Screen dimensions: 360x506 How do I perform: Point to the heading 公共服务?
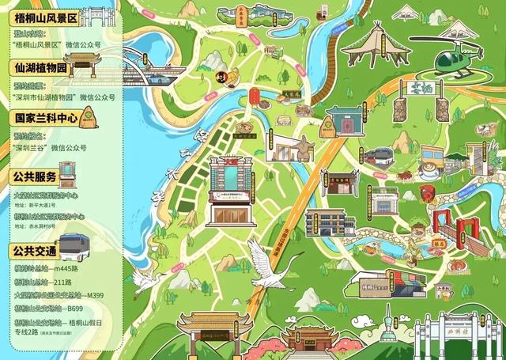(x=35, y=176)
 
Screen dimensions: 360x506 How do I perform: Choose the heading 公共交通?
(x=35, y=251)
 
